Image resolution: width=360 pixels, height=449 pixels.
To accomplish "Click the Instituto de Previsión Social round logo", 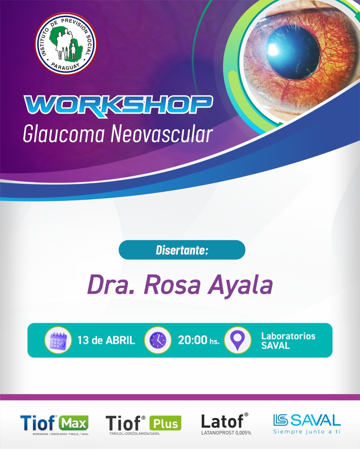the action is (x=66, y=44).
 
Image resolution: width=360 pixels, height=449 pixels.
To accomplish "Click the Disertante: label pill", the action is (x=182, y=250).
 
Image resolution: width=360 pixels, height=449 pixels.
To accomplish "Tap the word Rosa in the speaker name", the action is (x=172, y=285).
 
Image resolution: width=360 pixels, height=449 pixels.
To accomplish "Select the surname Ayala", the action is (x=240, y=286).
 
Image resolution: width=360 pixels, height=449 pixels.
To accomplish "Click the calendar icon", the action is (x=58, y=340).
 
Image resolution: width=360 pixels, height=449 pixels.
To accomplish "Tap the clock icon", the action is (x=158, y=340).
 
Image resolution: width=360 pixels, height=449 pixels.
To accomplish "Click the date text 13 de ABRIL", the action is (x=106, y=340).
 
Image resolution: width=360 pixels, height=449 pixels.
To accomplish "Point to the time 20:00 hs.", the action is (x=199, y=340).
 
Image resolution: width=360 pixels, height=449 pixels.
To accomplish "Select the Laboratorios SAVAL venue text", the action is (x=288, y=341).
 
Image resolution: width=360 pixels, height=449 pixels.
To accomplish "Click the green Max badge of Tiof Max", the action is (x=74, y=423).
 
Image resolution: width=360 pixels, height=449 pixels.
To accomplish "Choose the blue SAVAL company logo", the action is (x=307, y=420).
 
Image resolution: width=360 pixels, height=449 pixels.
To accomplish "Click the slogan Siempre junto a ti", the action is (x=307, y=432).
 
